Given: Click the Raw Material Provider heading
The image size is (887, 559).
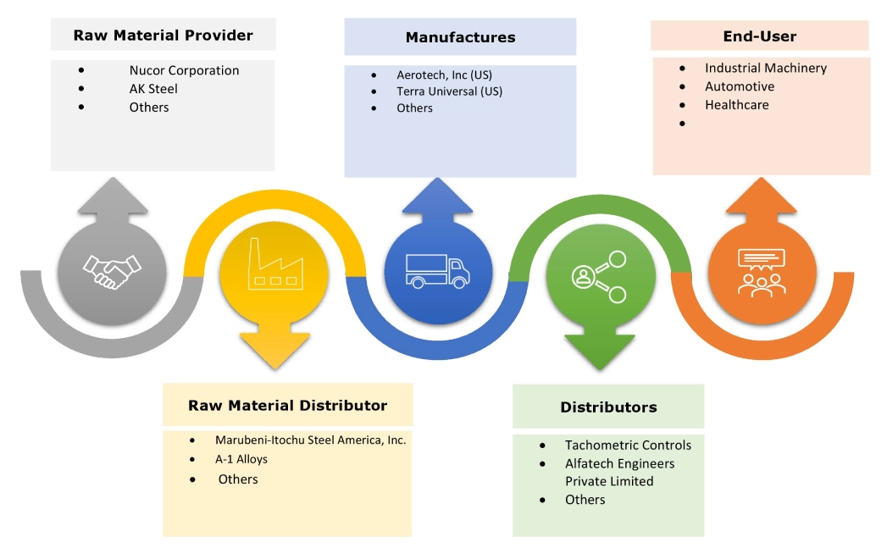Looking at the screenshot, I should (163, 36).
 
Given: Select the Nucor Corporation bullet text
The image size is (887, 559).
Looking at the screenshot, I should (184, 70).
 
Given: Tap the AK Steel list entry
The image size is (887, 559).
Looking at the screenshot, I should (153, 89).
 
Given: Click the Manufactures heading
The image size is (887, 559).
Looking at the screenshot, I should (460, 37).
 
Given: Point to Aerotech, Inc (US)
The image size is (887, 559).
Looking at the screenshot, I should (444, 75).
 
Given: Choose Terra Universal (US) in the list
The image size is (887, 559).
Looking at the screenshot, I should (449, 91).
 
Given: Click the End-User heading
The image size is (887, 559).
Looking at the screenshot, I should (759, 36).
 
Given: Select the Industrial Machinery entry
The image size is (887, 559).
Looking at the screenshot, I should (765, 68).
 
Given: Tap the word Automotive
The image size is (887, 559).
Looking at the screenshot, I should (739, 86).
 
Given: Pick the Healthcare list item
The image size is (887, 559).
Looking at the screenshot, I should (736, 105).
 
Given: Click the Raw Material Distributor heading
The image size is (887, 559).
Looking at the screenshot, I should (287, 406).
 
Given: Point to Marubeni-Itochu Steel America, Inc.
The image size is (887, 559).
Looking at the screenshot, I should (310, 440).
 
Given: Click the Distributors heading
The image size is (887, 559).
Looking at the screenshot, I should (608, 407).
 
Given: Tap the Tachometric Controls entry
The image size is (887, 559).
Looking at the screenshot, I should (628, 446).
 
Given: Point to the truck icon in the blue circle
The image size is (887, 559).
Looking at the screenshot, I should (438, 269).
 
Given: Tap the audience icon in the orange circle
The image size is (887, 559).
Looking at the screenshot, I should (762, 272).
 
